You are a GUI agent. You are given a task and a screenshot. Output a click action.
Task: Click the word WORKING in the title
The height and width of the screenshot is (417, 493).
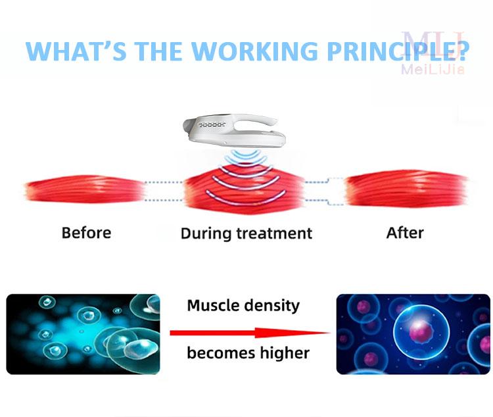tap(254, 51)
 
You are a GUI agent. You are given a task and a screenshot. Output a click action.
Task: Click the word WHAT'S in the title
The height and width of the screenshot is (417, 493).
tap(76, 51)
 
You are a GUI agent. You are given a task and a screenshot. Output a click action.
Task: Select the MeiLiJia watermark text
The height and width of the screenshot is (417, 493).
tap(433, 69)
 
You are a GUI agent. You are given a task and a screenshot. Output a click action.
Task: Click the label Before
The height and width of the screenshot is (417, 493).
tap(87, 233)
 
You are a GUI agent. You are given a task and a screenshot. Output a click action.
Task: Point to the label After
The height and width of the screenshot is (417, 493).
tap(405, 233)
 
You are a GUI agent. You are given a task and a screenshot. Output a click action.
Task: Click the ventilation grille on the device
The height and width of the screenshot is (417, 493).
tap(212, 125)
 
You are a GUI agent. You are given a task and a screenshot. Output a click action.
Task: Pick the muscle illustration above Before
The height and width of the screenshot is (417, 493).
tap(85, 189)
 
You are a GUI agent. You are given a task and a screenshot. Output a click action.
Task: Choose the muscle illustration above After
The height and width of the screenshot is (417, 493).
tap(407, 189)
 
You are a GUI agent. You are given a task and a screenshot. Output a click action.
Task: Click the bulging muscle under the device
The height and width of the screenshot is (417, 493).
tap(245, 190)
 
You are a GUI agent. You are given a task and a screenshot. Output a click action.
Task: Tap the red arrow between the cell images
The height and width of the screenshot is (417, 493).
tap(250, 333)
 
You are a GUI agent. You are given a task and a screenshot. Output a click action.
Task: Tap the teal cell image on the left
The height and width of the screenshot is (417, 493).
tap(83, 334)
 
